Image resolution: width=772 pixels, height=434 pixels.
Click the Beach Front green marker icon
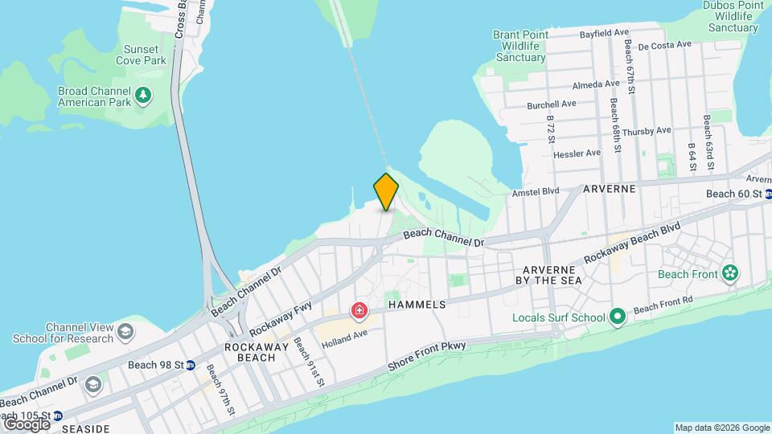pos(729,273)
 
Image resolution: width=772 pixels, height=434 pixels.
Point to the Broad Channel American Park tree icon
pos(143,96)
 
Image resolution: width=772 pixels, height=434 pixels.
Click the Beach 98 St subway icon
pos(191,366)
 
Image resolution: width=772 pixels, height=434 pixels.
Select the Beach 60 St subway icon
pos(768,194)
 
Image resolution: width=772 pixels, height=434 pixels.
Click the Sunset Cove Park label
pos(142,55)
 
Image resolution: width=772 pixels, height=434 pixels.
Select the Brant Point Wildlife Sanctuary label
pos(519,46)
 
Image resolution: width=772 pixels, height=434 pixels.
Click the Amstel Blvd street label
pos(536,193)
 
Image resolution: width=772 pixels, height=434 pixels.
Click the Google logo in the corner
pos(26,424)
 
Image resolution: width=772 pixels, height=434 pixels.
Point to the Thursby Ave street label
pos(647,131)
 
